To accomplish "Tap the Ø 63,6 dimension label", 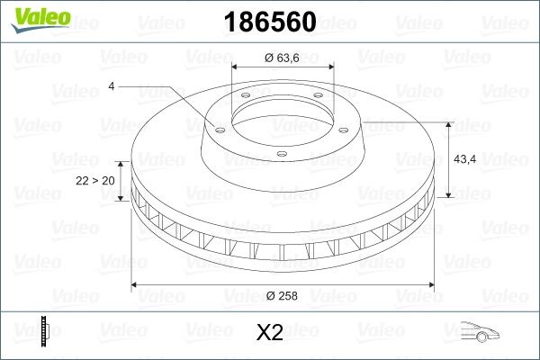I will tap(282, 58).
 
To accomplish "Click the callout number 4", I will tap(111, 85).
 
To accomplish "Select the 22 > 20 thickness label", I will tap(95, 180).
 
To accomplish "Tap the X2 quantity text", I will tap(270, 333).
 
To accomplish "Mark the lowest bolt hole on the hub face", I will tap(281, 153).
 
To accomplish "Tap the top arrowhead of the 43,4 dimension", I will tap(450, 125).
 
